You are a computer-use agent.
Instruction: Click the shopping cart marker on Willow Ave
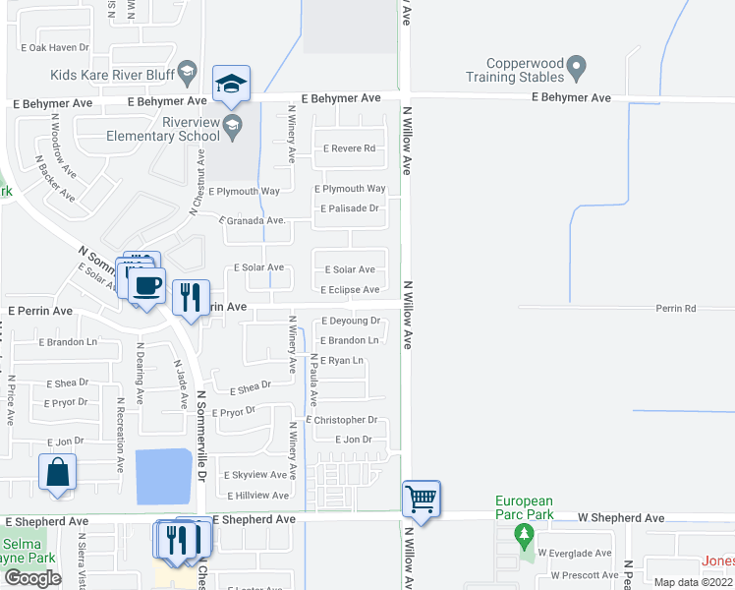[422, 499]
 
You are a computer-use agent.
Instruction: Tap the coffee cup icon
[147, 286]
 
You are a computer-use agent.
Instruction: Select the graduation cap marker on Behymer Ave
[232, 84]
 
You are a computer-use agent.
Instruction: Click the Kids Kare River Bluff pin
[190, 75]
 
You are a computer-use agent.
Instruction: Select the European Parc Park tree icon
[524, 537]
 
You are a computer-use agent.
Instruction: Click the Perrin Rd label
[676, 308]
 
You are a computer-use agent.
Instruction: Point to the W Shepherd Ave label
[620, 517]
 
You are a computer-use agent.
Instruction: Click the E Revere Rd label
[350, 148]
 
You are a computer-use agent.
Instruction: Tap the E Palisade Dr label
[350, 208]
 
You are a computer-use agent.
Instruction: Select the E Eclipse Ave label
[350, 290]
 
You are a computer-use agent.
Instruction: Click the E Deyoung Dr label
[351, 321]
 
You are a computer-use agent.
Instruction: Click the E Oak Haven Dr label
[54, 47]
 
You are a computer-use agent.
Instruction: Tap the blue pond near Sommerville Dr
[163, 475]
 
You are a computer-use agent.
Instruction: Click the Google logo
[32, 577]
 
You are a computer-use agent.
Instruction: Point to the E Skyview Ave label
[258, 474]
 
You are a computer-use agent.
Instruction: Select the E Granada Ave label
[252, 221]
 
